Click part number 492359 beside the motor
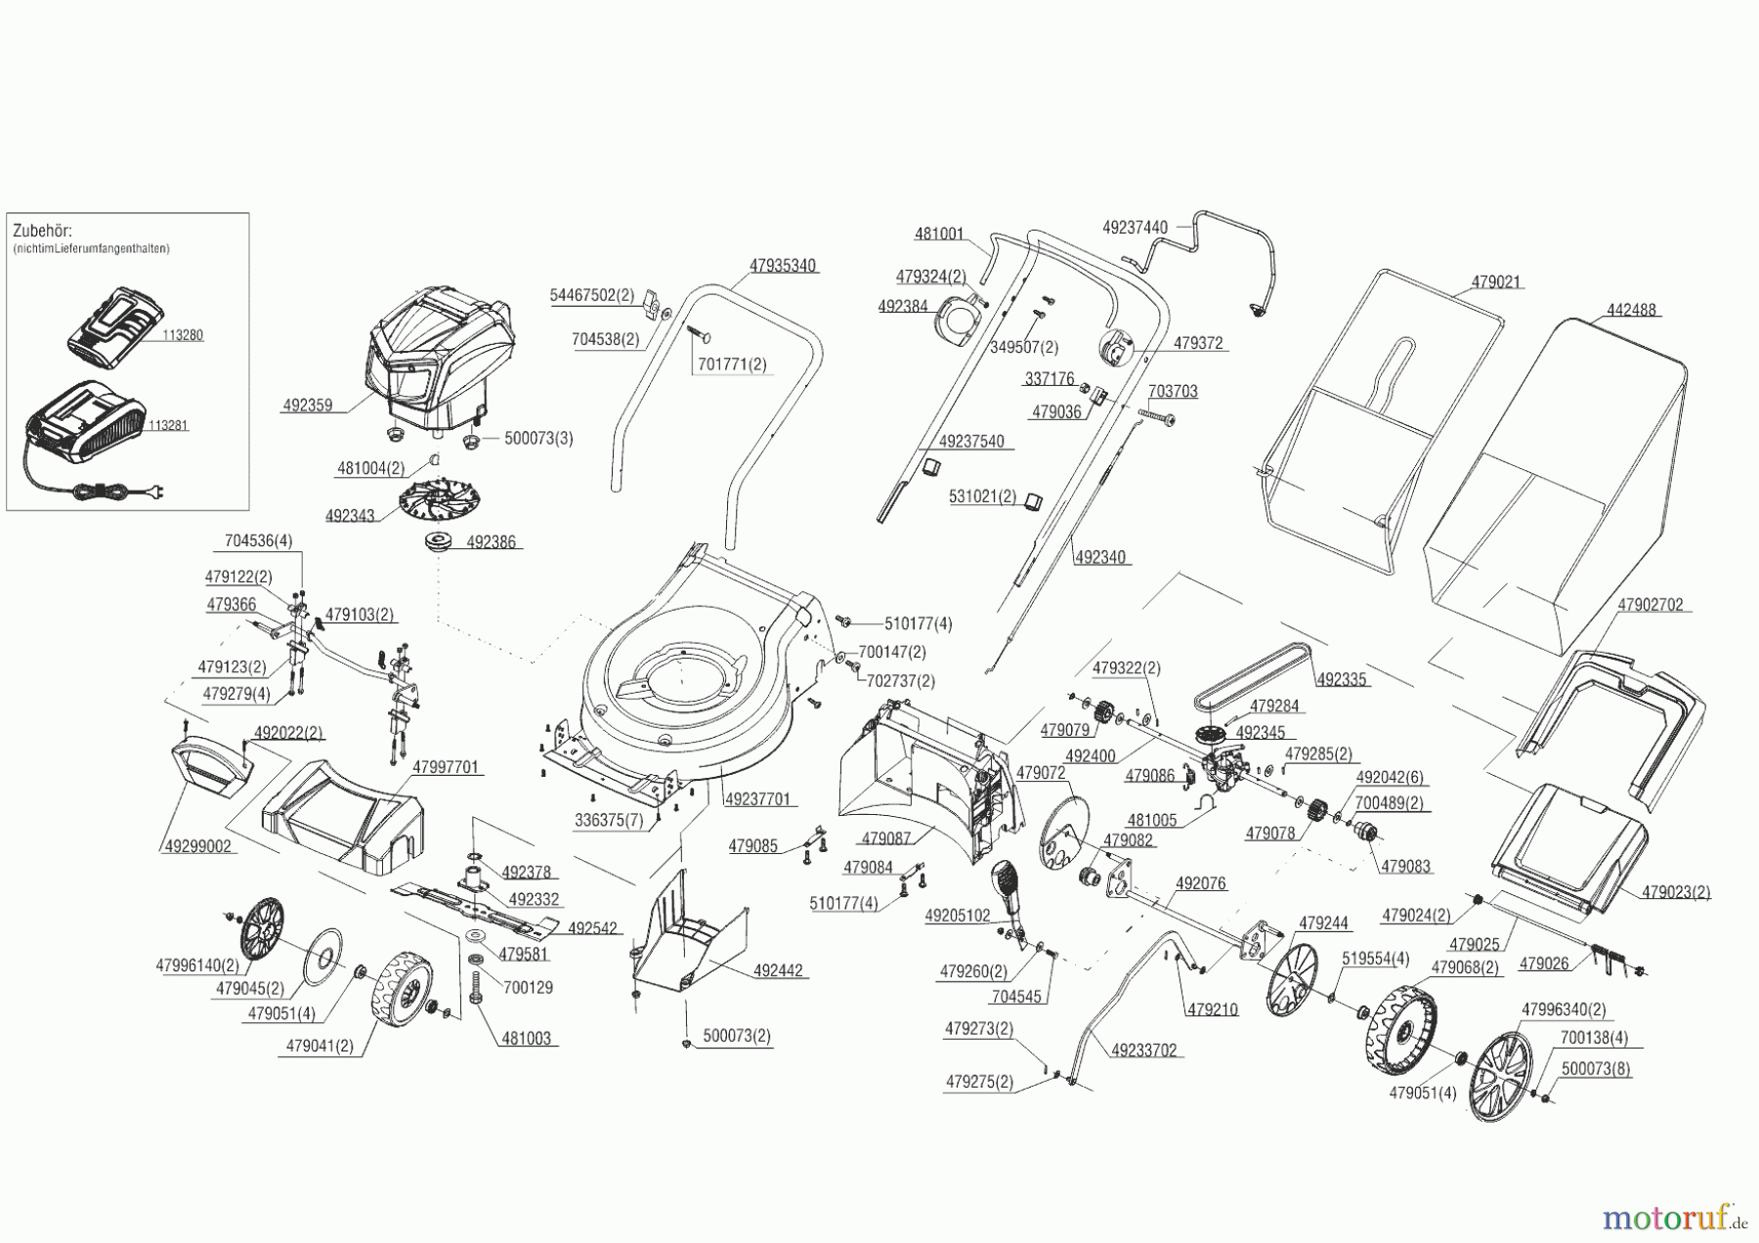click(307, 405)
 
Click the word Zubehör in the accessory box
click(43, 232)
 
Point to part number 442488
click(1631, 311)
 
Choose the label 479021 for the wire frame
click(1496, 282)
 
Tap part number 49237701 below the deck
click(757, 798)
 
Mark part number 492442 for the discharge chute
click(778, 971)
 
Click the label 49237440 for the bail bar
click(1135, 228)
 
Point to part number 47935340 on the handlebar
click(783, 266)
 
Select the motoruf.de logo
click(1675, 1216)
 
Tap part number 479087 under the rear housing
click(885, 838)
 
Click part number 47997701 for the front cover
click(446, 768)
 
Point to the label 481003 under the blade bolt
click(526, 1039)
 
